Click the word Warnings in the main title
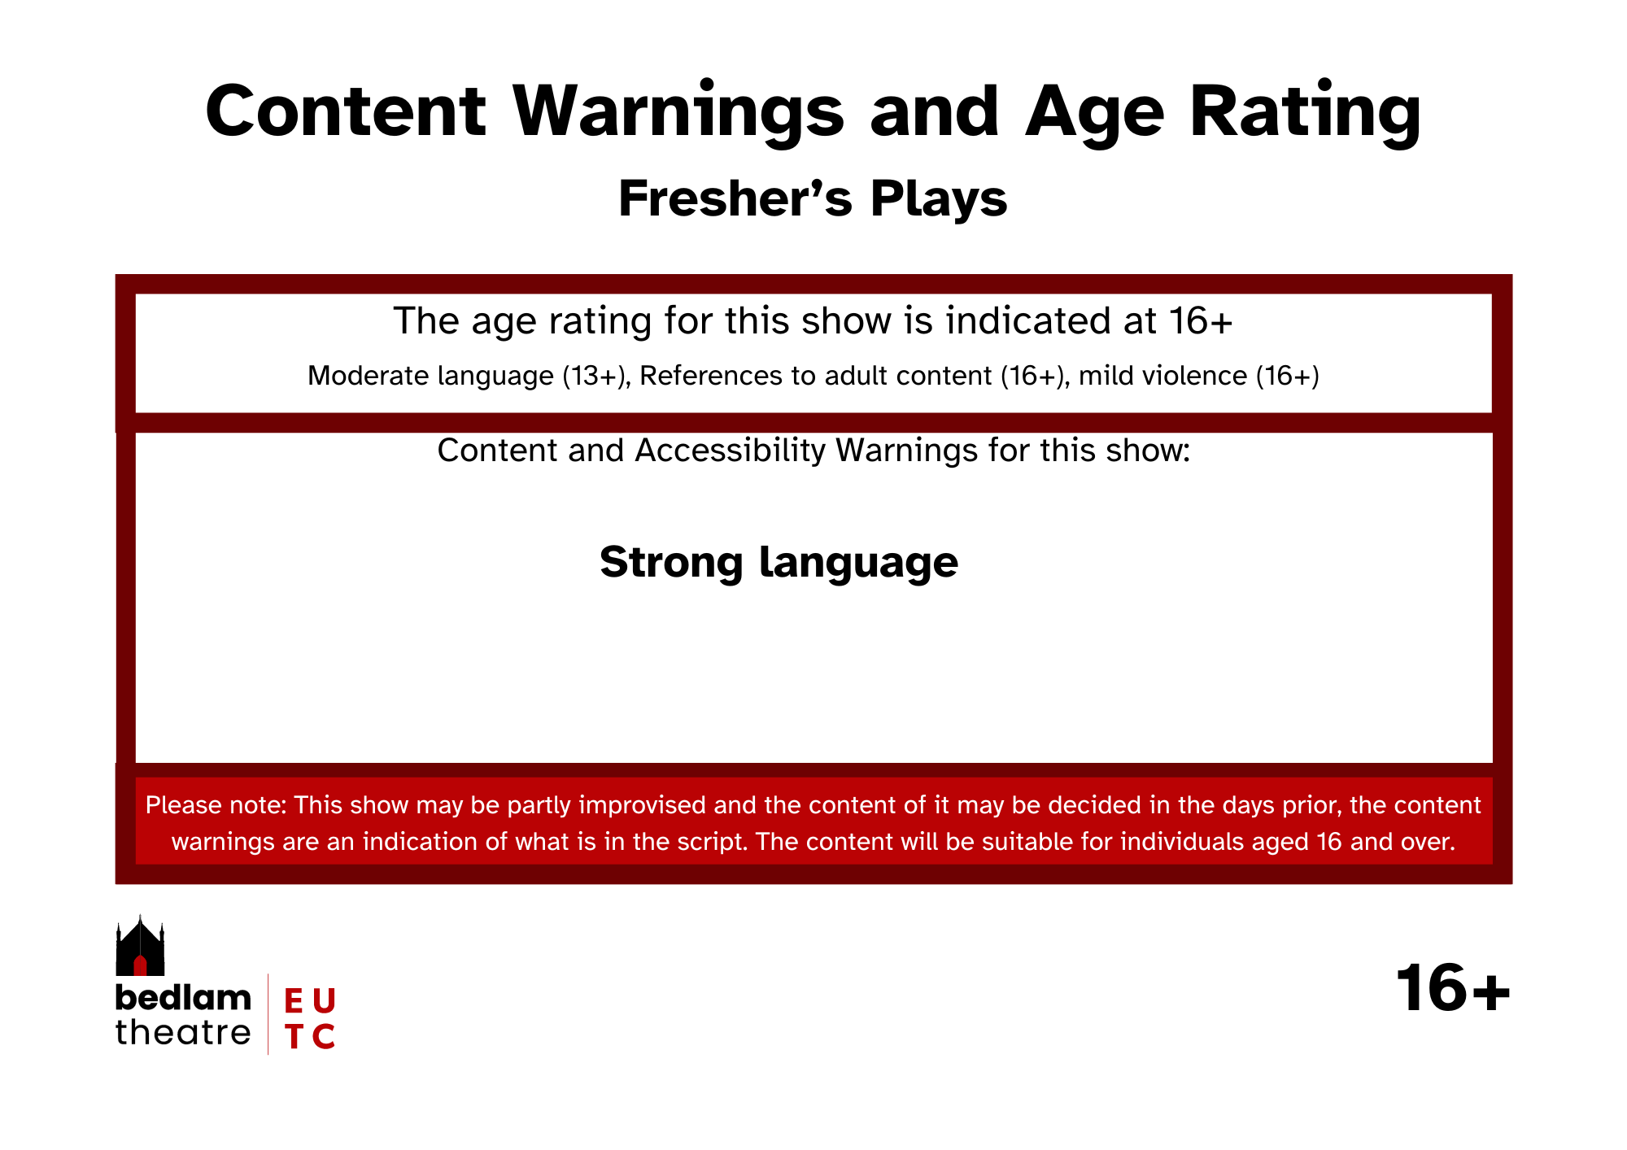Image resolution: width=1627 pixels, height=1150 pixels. pyautogui.click(x=678, y=112)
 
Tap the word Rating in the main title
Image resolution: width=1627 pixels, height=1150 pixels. pyautogui.click(x=1305, y=112)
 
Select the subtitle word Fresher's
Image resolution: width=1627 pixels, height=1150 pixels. pyautogui.click(x=735, y=198)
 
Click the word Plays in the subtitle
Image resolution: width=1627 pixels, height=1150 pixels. pyautogui.click(x=939, y=199)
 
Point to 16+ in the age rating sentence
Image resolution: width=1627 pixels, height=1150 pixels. pyautogui.click(x=1202, y=320)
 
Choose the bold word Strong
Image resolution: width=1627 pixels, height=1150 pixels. pyautogui.click(x=671, y=562)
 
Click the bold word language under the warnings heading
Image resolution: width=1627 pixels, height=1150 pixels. pyautogui.click(x=859, y=562)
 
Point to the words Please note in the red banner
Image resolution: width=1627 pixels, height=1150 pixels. pyautogui.click(x=216, y=805)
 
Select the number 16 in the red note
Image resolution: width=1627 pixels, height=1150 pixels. pyautogui.click(x=1328, y=841)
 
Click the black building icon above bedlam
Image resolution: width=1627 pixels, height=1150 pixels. pyautogui.click(x=140, y=946)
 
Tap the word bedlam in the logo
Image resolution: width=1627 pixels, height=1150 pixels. pyautogui.click(x=183, y=997)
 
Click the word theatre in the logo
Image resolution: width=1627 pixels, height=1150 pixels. pyautogui.click(x=183, y=1032)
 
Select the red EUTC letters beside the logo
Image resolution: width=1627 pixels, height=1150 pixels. pyautogui.click(x=310, y=1018)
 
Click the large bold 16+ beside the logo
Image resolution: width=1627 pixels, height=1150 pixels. pyautogui.click(x=1453, y=989)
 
